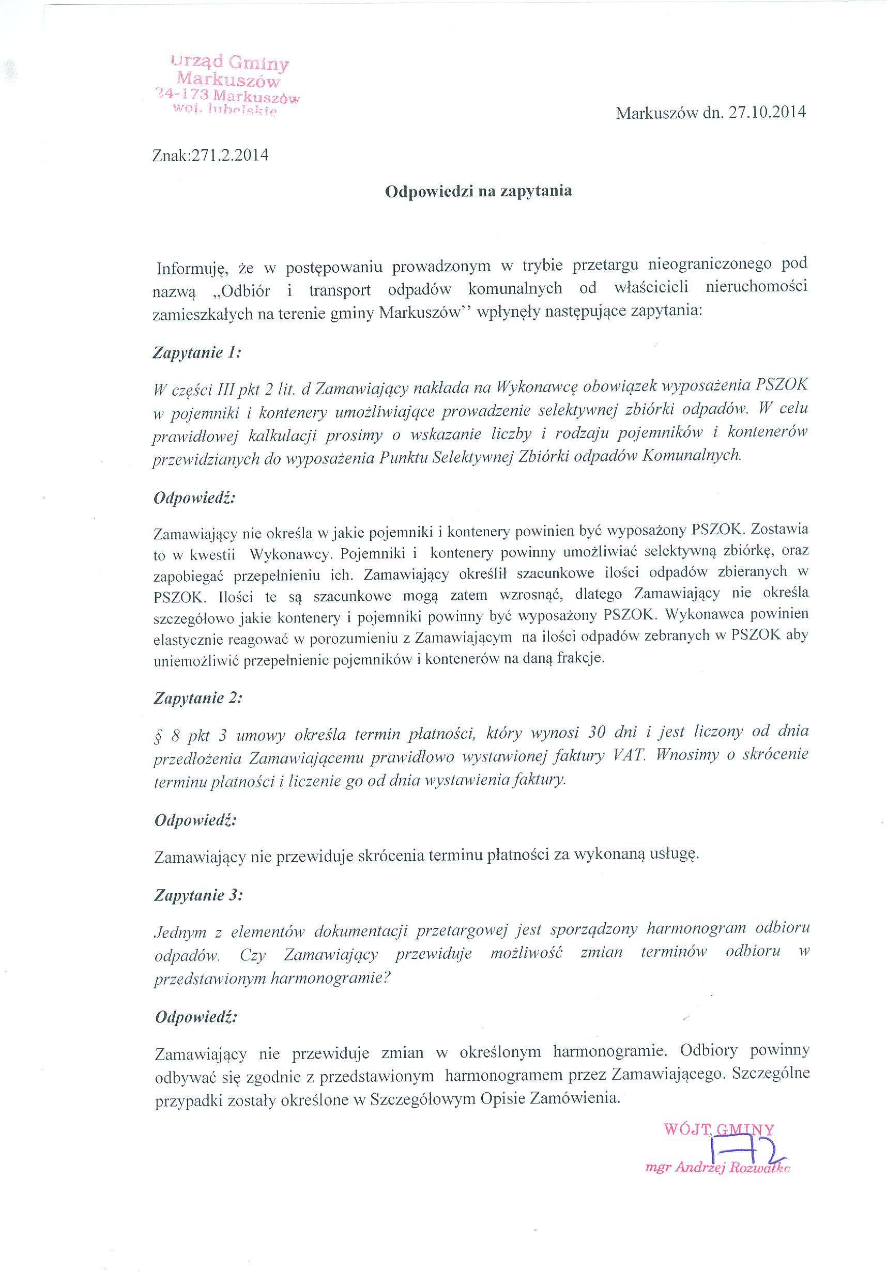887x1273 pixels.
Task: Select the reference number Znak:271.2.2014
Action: [210, 154]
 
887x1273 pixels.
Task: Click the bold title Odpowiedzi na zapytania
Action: [478, 191]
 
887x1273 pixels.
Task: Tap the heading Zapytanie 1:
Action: [197, 353]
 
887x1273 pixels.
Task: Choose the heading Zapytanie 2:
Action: [198, 698]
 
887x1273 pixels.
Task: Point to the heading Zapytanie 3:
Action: [198, 895]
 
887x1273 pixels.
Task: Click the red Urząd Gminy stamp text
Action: [230, 63]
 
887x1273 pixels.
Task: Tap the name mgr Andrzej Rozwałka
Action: [718, 1168]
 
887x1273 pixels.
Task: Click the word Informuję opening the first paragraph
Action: [190, 269]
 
